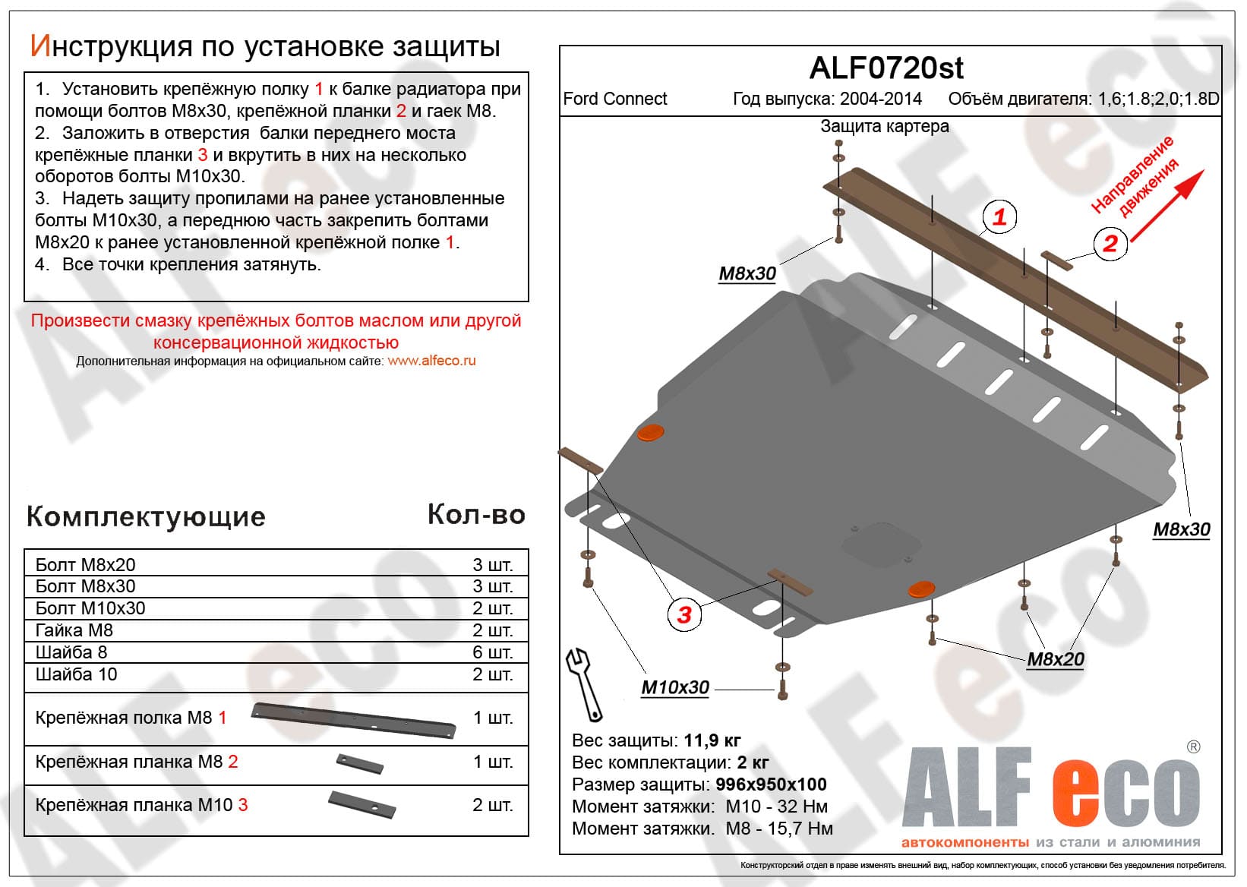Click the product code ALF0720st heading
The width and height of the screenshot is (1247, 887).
tap(886, 68)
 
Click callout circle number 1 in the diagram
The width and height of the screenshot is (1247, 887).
tap(999, 217)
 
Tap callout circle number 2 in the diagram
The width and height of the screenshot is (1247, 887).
tap(1110, 244)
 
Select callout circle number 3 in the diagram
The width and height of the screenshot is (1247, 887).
tap(684, 614)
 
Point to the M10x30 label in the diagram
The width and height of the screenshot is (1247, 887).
tap(675, 687)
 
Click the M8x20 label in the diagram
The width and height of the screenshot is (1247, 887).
tap(1055, 659)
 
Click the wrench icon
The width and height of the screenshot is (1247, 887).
tap(584, 683)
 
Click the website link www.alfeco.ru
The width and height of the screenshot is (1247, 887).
tap(431, 361)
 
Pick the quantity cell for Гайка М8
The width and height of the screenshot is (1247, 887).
tap(492, 630)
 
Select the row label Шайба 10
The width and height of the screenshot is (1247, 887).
tap(77, 674)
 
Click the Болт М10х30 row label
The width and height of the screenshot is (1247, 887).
tap(90, 608)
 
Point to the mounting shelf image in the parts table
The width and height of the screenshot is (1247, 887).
tap(354, 719)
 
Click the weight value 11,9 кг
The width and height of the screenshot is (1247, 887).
tap(712, 740)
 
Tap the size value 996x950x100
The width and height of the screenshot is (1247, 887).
tap(771, 784)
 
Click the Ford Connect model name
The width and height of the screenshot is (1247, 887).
tap(615, 99)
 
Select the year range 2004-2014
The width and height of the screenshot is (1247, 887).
tap(880, 99)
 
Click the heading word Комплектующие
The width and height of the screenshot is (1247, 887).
tap(146, 517)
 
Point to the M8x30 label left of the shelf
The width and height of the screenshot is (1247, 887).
tap(747, 274)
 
